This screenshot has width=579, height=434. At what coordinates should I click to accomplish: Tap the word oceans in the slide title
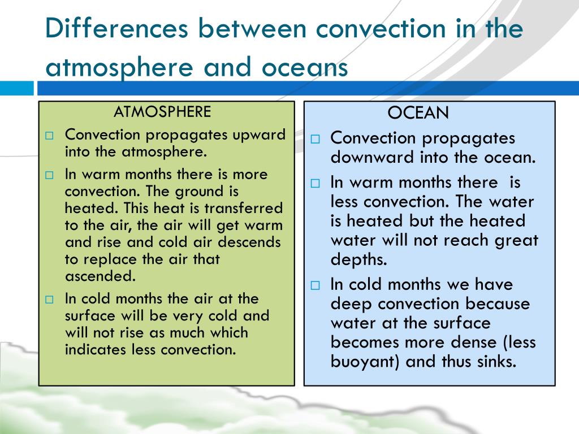[x=304, y=67]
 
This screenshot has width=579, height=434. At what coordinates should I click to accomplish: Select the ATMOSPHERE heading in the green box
[x=162, y=111]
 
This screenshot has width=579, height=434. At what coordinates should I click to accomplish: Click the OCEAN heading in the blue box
[x=418, y=113]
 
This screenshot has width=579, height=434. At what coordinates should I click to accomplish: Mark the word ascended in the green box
[x=100, y=276]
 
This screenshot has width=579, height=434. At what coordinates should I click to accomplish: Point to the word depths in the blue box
[x=358, y=259]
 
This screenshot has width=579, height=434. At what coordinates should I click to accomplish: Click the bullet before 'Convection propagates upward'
[x=50, y=136]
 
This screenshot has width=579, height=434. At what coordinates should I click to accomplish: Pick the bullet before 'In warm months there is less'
[x=316, y=184]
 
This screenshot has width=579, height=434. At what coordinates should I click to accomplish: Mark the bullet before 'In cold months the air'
[x=50, y=300]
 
